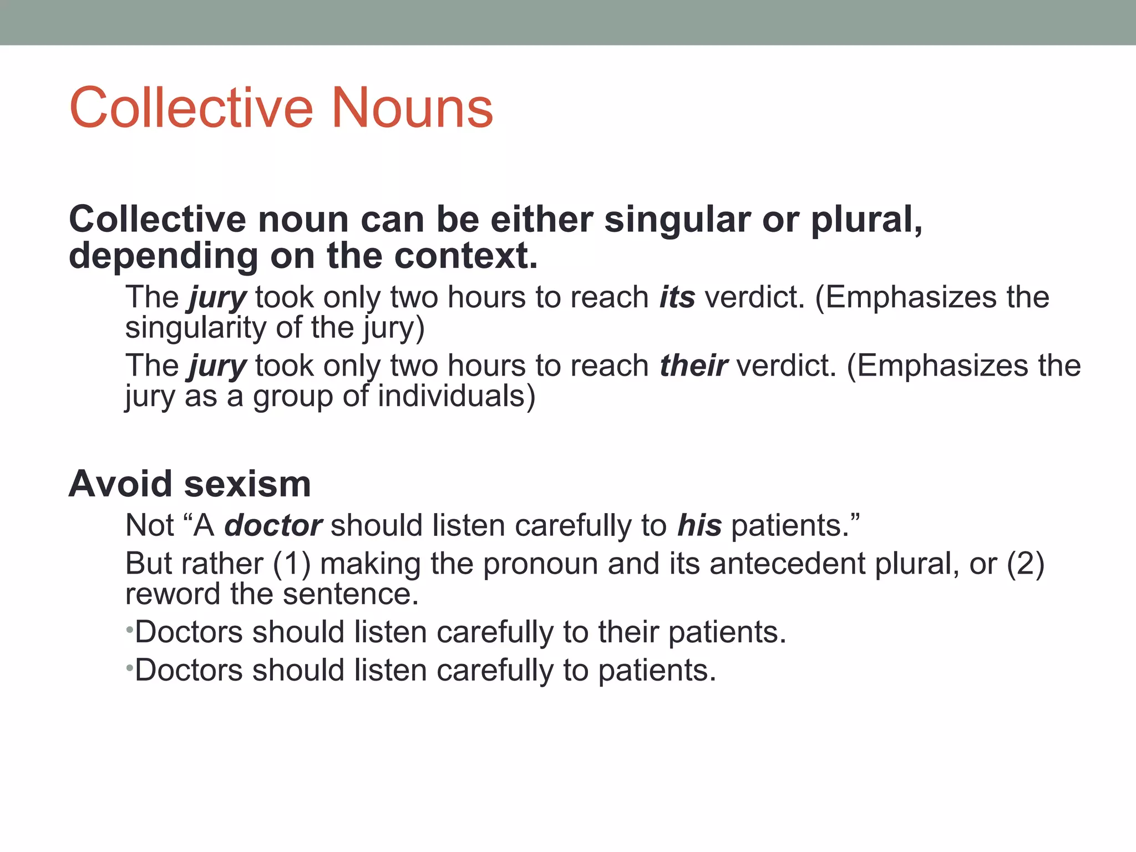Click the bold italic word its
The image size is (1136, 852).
[x=677, y=297]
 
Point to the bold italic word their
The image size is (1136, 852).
[x=693, y=366]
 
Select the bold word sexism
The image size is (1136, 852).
[x=247, y=484]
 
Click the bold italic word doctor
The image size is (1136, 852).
[x=273, y=525]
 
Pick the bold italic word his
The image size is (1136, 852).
[x=699, y=525]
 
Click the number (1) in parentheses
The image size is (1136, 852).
[x=292, y=564]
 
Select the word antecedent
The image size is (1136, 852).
[x=788, y=564]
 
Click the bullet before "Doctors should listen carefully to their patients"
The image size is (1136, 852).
[x=129, y=630]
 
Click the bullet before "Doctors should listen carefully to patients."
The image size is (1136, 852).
[x=129, y=668]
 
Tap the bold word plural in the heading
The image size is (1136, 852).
[x=866, y=220]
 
